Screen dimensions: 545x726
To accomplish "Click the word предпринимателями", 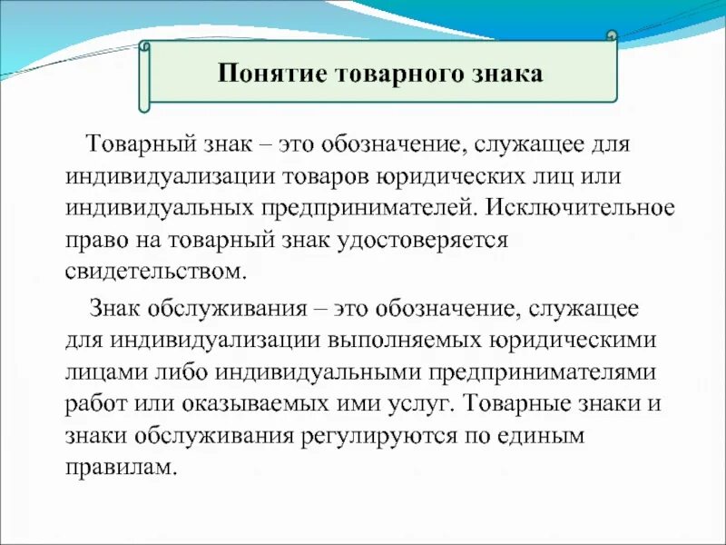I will tap(551, 372).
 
